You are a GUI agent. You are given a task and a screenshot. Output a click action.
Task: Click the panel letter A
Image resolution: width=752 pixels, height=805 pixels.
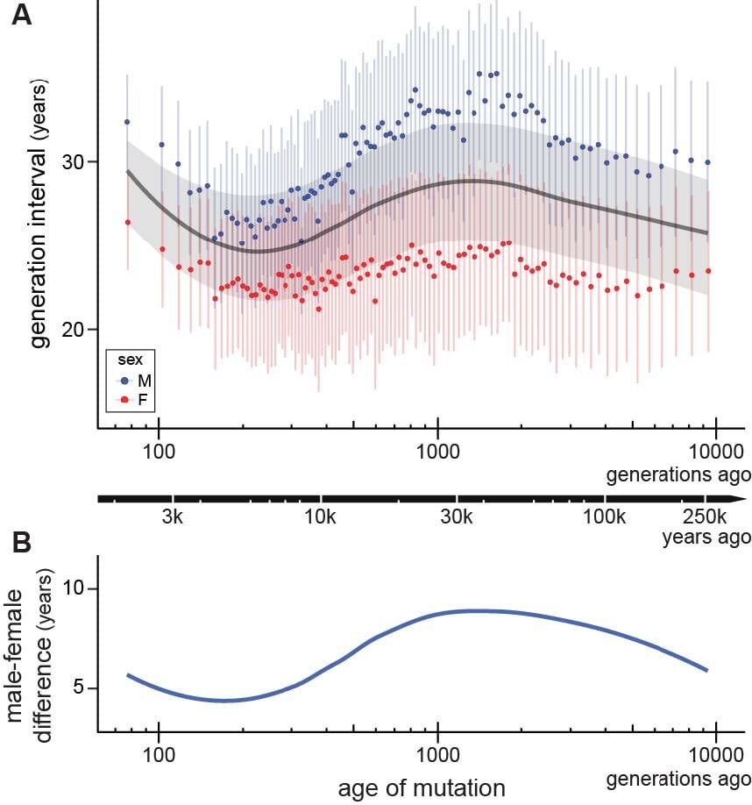[22, 15]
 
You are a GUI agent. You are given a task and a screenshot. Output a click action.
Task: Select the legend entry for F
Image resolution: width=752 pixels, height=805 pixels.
[138, 400]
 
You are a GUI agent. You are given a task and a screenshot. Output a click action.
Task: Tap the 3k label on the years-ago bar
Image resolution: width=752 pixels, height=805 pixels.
[172, 516]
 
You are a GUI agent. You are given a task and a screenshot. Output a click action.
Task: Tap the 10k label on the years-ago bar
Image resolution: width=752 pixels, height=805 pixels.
[321, 516]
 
